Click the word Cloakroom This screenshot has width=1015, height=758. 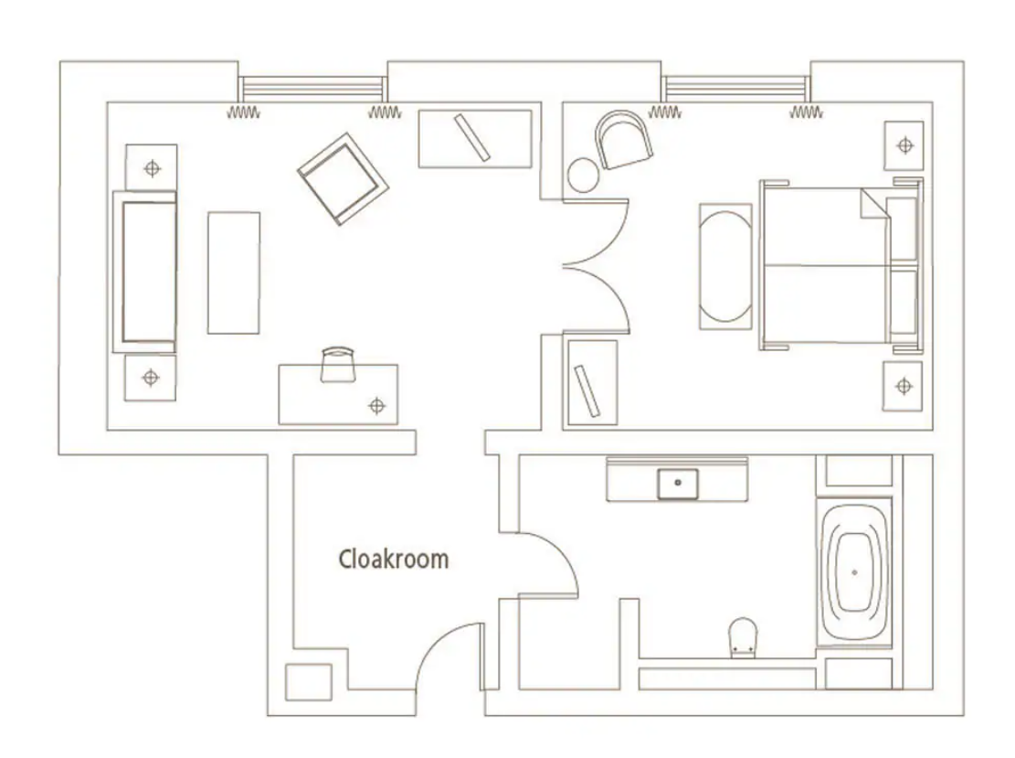click(x=394, y=559)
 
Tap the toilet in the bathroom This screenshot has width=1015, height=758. click(x=743, y=637)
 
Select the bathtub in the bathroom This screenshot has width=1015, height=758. click(x=854, y=572)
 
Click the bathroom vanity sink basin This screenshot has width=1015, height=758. click(x=678, y=484)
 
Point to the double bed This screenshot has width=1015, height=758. click(x=841, y=265)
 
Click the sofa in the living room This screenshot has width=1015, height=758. click(x=145, y=272)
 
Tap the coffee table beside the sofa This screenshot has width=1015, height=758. click(x=234, y=272)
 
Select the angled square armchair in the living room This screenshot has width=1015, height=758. click(x=344, y=179)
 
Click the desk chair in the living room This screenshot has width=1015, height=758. click(x=338, y=365)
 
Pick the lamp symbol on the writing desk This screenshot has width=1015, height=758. click(x=376, y=406)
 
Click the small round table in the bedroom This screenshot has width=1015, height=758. click(x=583, y=175)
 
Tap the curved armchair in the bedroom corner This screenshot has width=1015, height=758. click(x=623, y=140)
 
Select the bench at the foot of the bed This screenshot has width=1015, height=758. click(x=725, y=267)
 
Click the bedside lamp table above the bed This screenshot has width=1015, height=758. click(x=904, y=145)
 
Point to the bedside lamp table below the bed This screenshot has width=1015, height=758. click(x=903, y=387)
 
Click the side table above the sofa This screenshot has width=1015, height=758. click(x=152, y=168)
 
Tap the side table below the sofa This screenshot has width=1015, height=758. click(x=150, y=378)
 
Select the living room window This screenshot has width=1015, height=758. click(x=312, y=88)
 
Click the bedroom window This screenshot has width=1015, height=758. click(x=736, y=88)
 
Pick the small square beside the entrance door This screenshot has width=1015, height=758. click(x=309, y=682)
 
